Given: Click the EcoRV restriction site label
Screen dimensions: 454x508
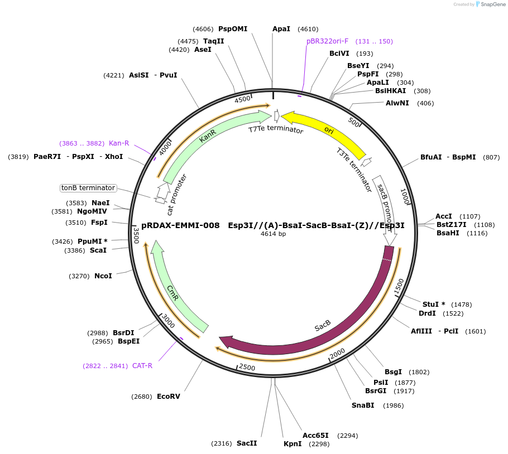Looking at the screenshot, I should (168, 397).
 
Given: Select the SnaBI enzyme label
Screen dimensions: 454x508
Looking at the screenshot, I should (362, 405).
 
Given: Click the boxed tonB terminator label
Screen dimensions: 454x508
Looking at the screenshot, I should (88, 188).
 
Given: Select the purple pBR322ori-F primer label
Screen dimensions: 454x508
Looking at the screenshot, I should (327, 41).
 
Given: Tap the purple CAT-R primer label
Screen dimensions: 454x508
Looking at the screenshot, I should (142, 366).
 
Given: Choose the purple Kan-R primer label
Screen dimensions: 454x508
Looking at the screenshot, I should (118, 143).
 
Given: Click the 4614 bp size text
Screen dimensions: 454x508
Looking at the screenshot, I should (273, 234).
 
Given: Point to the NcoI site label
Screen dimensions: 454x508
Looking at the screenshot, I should (103, 276).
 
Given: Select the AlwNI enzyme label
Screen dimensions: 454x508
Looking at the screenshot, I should (397, 103).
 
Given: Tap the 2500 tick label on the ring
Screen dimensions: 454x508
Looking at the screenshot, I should (247, 367).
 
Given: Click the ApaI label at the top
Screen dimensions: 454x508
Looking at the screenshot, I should (281, 29).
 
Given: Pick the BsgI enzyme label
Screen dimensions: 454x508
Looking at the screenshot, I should (393, 372).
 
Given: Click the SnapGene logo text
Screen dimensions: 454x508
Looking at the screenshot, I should (491, 4).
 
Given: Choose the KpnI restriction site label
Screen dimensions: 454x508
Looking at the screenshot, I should (292, 444).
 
